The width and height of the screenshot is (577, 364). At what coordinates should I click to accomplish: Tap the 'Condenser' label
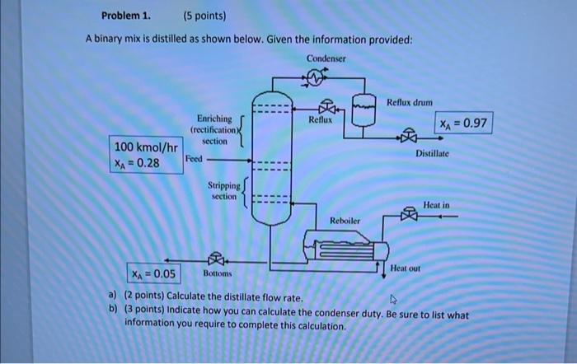(327, 58)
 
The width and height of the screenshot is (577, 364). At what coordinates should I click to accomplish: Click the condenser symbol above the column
(319, 78)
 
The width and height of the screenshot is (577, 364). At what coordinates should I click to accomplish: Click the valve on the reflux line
(329, 107)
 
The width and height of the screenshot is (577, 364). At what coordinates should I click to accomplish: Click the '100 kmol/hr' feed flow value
(145, 147)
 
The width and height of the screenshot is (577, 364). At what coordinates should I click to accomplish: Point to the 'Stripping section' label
(224, 191)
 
